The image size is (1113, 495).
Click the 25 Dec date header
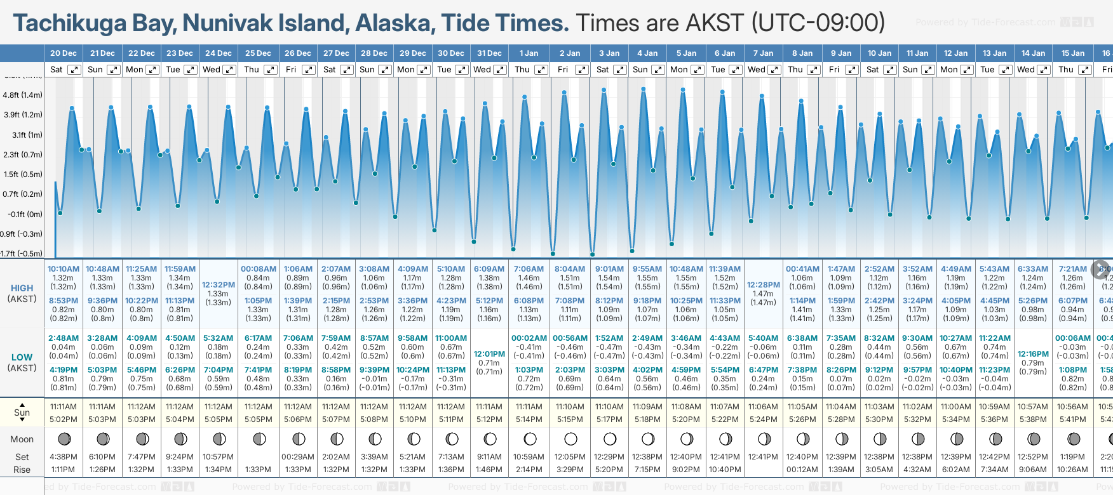[258, 53]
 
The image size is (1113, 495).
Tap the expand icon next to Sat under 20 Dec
[74, 70]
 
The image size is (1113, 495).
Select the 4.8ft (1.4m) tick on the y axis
[23, 95]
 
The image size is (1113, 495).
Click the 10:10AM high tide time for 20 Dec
[64, 269]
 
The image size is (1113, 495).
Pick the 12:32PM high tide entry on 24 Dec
[219, 285]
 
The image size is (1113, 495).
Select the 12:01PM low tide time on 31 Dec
[490, 354]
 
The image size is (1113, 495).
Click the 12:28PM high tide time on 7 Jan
[763, 285]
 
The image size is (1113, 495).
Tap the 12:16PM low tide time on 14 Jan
[1033, 354]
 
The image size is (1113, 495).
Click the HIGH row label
[22, 288]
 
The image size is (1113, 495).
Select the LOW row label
[22, 357]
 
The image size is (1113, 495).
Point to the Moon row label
[22, 439]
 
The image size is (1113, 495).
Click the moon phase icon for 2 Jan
[570, 439]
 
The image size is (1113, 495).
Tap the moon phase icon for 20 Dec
[64, 439]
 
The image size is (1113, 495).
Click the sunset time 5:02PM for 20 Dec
[64, 419]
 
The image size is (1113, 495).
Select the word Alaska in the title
[395, 23]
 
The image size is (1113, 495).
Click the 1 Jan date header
[529, 53]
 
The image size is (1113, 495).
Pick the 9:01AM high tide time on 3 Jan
[609, 269]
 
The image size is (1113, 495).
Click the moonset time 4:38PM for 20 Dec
[64, 457]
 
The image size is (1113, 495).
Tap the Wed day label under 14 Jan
[1025, 70]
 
